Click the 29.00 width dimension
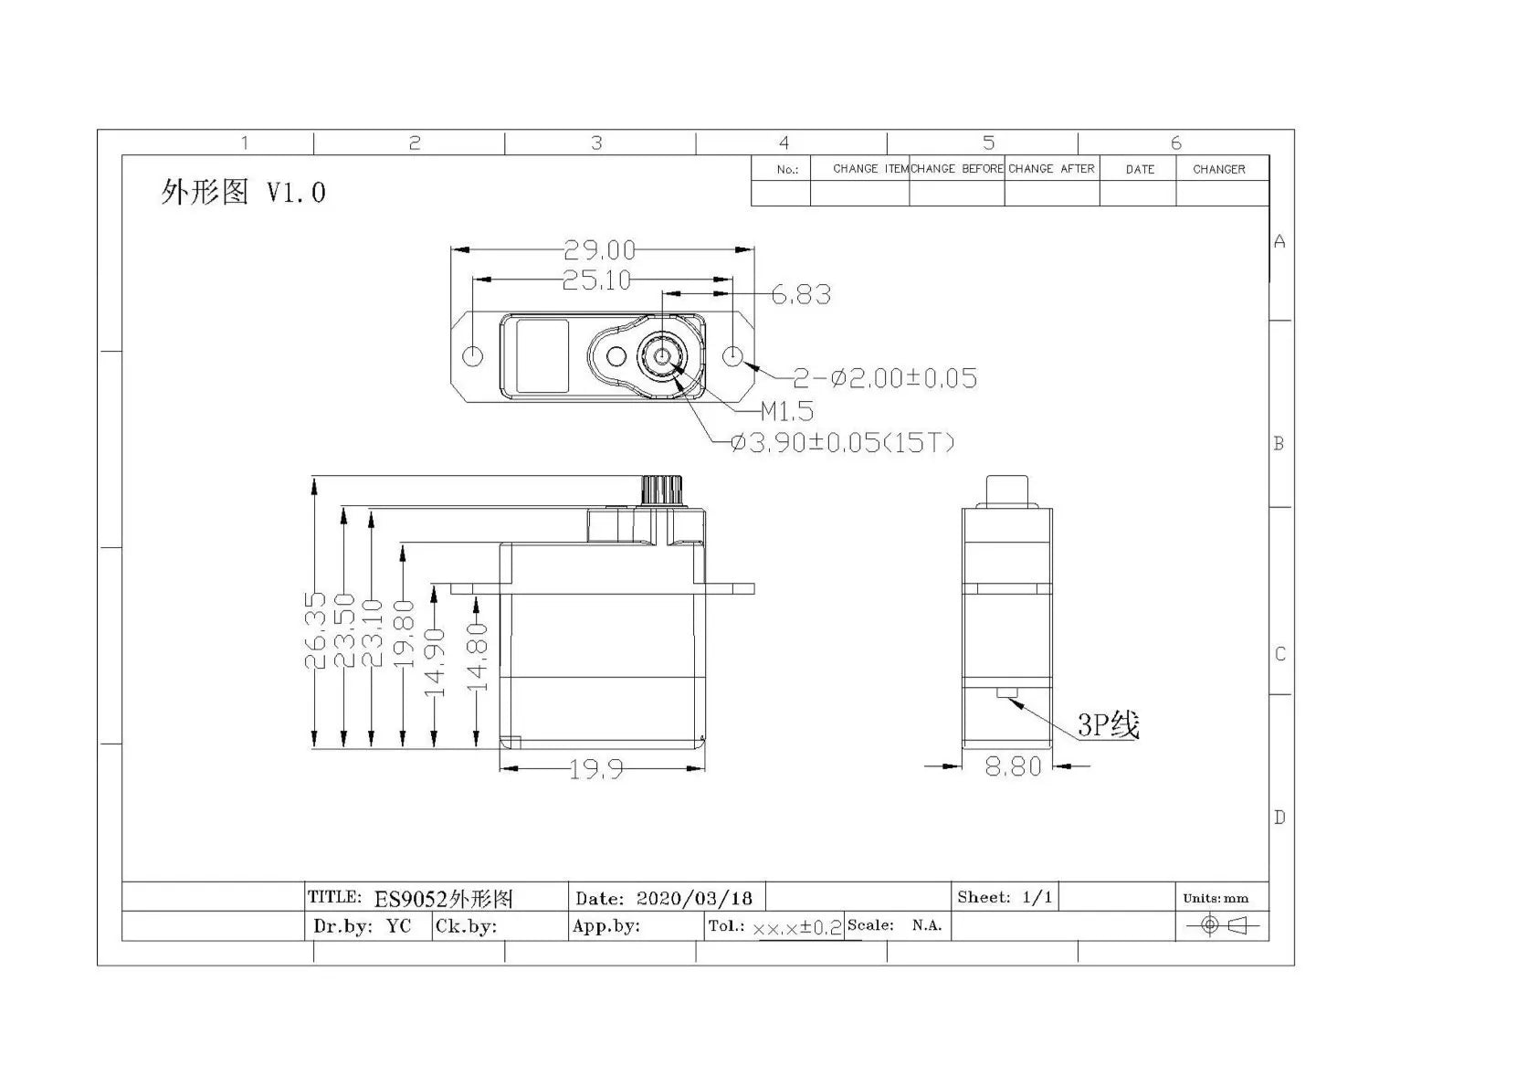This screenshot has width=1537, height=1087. [598, 249]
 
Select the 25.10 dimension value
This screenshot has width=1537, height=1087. [596, 280]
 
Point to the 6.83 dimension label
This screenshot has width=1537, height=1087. [801, 294]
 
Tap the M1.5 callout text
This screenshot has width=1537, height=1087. [787, 411]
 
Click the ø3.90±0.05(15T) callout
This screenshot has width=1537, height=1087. [843, 443]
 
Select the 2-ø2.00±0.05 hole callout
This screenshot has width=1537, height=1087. [885, 378]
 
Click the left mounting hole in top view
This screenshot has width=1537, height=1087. [473, 355]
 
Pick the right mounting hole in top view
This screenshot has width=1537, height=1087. [734, 355]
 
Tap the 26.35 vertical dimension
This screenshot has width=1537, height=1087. [316, 630]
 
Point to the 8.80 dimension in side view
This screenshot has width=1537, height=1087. [1013, 766]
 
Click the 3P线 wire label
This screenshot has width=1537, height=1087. [1108, 725]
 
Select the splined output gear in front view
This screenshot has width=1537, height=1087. [662, 491]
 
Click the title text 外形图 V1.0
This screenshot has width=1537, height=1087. [243, 192]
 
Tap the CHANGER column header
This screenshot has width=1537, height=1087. [1218, 169]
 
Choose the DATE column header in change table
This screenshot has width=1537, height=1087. [1139, 169]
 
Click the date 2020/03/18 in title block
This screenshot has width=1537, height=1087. [694, 898]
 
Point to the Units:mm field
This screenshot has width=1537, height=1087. [1215, 898]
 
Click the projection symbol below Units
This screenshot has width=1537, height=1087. [1222, 925]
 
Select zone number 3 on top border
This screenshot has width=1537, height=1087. [596, 143]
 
